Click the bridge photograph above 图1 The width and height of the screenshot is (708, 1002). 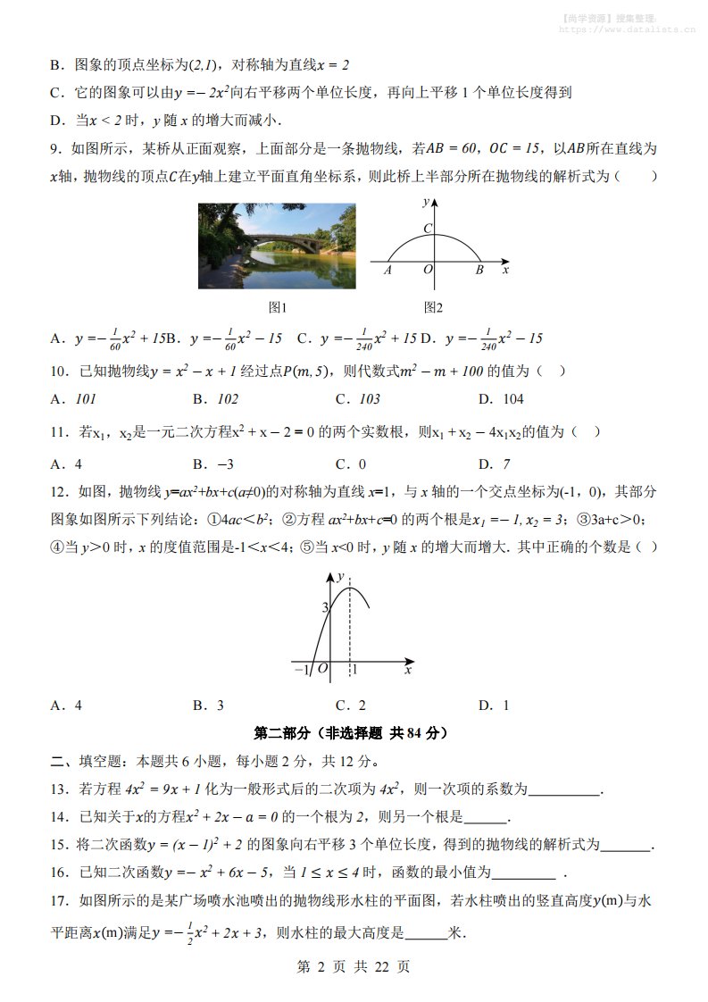[x=276, y=246]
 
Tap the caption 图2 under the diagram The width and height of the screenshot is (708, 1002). [x=433, y=307]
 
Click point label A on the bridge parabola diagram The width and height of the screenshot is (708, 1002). [x=388, y=269]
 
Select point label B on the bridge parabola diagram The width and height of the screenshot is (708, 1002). [x=479, y=269]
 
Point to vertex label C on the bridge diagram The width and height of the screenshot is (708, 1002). [x=428, y=229]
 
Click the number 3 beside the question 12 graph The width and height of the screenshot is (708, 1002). [x=326, y=607]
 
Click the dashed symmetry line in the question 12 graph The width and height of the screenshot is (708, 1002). [x=351, y=625]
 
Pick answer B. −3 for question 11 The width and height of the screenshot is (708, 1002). [x=212, y=463]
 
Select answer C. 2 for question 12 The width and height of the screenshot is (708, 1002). [x=351, y=706]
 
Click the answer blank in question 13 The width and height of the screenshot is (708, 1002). [x=564, y=789]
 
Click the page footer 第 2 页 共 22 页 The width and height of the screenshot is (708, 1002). [x=353, y=966]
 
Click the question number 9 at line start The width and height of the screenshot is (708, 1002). [x=54, y=149]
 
